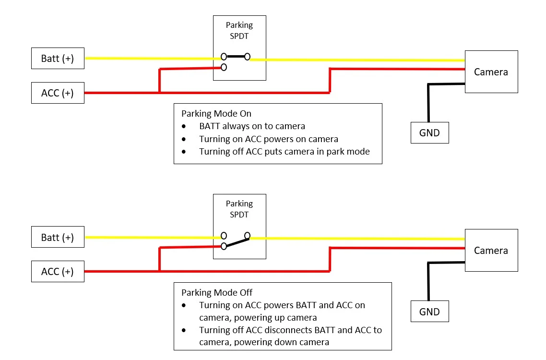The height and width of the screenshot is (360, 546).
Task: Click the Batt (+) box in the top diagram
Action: pos(58,59)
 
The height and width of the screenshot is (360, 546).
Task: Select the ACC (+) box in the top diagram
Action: pos(58,93)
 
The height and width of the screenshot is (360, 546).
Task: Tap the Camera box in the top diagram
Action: pos(491,72)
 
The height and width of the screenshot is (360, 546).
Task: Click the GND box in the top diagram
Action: pos(429,133)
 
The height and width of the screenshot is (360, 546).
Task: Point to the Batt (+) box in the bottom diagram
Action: pos(58,238)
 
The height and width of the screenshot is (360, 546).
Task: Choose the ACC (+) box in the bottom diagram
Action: pos(58,272)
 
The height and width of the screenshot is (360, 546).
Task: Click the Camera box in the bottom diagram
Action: pos(491,251)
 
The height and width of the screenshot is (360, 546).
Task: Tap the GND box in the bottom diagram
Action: pos(429,312)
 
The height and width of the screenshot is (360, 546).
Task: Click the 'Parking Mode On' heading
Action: pos(216,114)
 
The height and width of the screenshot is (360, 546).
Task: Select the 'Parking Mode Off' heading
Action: pos(216,292)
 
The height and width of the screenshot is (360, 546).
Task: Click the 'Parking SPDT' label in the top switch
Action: pos(239,30)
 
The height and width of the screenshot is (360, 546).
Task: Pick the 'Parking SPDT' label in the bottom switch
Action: pos(239,209)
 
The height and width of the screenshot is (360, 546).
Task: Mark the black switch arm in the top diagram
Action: pos(236,57)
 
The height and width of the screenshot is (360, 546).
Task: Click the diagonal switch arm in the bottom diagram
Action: pos(236,241)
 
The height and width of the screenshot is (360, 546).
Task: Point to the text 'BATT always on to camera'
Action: pos(252,126)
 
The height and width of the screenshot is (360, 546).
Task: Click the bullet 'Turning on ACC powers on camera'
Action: pos(268,139)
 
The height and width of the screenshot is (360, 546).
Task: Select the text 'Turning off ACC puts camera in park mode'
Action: pos(284,152)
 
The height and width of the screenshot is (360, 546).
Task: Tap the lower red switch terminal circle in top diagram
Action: pos(224,67)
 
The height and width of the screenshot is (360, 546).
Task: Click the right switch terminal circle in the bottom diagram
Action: pos(247,235)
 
